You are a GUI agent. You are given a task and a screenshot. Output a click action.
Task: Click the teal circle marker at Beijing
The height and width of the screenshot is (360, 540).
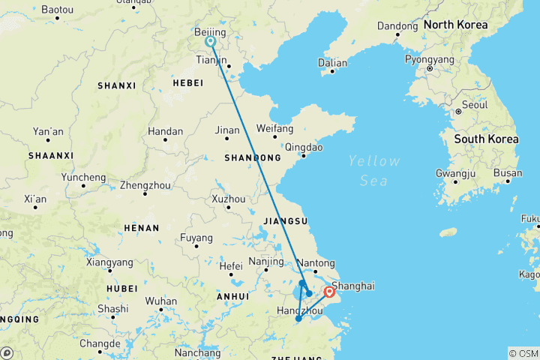tap(211, 42)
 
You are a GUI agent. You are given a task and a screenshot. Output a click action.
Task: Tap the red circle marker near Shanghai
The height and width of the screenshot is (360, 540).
tap(329, 292)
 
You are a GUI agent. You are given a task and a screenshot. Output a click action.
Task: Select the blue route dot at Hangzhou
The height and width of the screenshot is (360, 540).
tap(298, 319)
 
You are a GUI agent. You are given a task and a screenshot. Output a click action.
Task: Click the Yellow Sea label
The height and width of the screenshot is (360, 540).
tap(373, 170)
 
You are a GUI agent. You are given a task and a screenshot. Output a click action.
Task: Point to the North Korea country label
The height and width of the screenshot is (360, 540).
tap(455, 25)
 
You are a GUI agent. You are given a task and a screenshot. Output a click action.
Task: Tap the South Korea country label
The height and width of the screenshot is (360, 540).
tap(486, 139)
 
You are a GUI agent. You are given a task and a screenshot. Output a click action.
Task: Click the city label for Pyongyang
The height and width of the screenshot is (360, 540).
tap(429, 58)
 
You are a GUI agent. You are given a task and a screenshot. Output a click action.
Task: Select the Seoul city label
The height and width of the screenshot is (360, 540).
tap(475, 105)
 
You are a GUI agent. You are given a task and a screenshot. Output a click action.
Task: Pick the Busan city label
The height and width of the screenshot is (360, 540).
tap(507, 173)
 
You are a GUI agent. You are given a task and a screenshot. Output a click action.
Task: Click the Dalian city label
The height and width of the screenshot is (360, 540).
tap(332, 63)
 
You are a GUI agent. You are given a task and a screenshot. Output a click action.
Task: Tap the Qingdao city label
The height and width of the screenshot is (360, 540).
tap(304, 147)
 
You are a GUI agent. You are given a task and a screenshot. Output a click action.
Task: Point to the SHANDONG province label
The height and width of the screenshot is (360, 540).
tap(252, 158)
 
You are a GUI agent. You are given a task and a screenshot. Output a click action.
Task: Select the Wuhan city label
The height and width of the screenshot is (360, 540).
tap(161, 301)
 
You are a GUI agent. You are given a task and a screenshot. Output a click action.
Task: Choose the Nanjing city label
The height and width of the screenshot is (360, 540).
tap(265, 262)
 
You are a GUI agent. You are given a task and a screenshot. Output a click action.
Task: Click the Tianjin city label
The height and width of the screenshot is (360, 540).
tap(211, 59)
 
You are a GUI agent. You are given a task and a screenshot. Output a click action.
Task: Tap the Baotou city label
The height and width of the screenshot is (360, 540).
tap(57, 10)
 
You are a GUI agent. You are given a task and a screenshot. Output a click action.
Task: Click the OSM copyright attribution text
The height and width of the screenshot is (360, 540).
tap(523, 353)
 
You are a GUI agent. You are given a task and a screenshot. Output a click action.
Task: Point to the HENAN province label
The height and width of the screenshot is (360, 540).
tap(141, 228)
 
